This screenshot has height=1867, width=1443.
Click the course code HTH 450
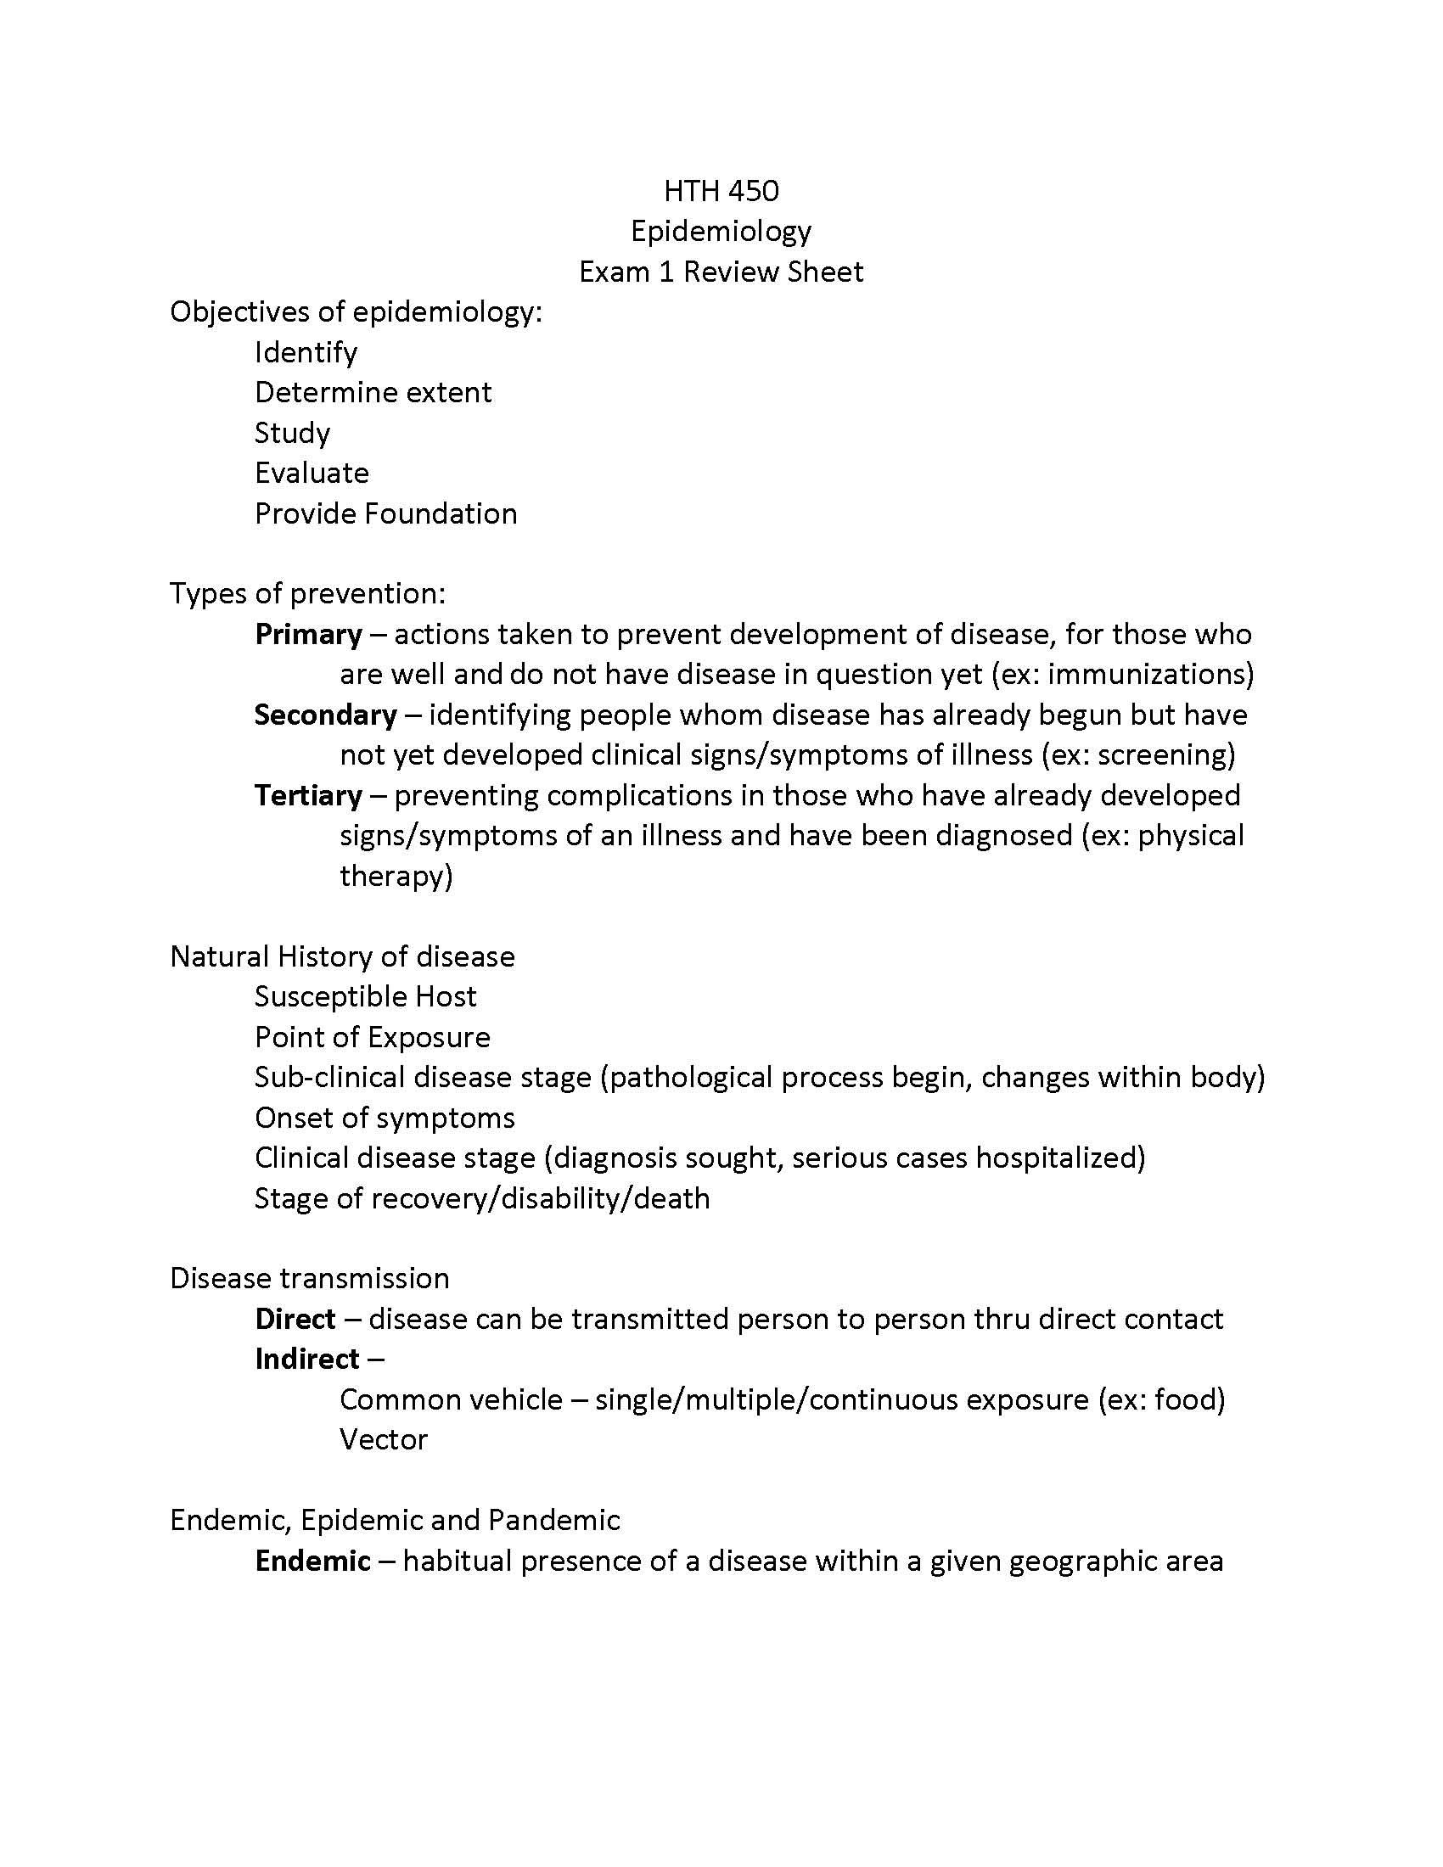coord(721,191)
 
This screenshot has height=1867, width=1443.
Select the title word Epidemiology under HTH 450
coord(721,232)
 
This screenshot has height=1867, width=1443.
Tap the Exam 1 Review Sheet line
coord(721,272)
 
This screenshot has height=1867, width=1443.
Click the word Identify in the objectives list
coord(306,352)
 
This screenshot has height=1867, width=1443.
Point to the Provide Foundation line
coord(385,513)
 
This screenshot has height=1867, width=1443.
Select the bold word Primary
coord(309,634)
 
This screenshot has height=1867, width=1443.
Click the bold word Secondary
coord(326,715)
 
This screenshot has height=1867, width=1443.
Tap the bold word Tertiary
coord(309,796)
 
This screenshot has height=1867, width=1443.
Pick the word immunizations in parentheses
coord(1145,675)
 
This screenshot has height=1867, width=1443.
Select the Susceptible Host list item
coord(365,997)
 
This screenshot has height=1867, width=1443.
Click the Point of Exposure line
coord(372,1037)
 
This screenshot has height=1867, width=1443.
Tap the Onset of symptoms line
coord(385,1119)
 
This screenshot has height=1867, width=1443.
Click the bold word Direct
coord(295,1319)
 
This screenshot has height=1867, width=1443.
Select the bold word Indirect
coord(307,1360)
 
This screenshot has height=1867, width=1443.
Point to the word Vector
coord(383,1439)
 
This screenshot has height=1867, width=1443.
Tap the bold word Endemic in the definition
coord(313,1561)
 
